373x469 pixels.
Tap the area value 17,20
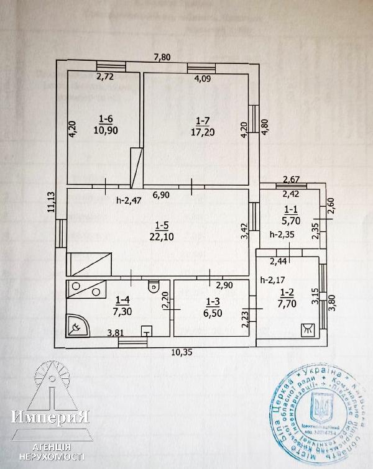(203, 132)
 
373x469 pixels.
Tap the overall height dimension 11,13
(50, 201)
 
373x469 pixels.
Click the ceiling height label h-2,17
(273, 279)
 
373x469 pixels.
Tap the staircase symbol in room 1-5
(90, 265)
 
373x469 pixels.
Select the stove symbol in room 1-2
(307, 330)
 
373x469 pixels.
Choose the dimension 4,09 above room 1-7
(203, 79)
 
